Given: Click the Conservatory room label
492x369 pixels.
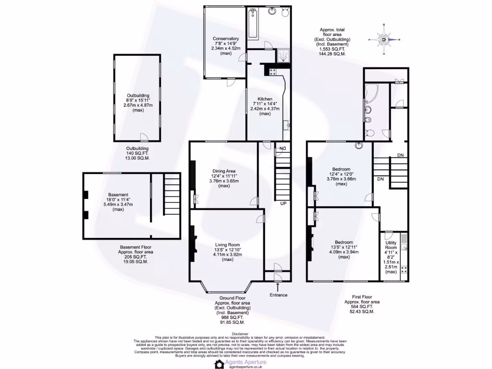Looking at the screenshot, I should pos(225,39).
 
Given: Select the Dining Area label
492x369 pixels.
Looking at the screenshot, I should pos(224,171).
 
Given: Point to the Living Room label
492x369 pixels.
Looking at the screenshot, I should pos(227,245).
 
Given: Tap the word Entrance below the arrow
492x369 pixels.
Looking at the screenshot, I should pos(278,295).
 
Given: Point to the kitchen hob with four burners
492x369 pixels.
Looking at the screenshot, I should pos(273,72).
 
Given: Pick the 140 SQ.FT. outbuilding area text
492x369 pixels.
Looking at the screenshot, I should pos(137,153).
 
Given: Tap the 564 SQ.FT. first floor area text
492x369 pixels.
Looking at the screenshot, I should pos(362,307).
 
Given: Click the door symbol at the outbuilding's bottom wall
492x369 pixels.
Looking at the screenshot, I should pos(143,137).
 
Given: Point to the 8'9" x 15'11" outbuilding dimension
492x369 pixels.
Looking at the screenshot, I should pos(138,100).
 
